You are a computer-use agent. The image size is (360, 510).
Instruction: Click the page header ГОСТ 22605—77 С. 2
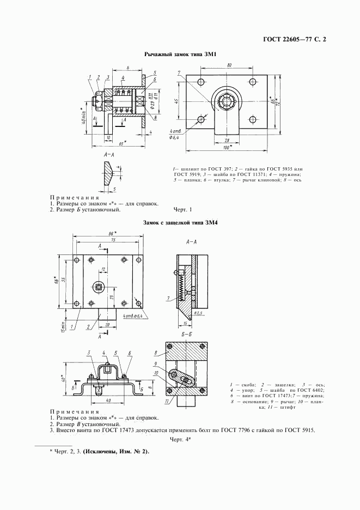pyautogui.click(x=297, y=40)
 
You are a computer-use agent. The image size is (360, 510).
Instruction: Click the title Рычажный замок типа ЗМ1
pyautogui.click(x=180, y=54)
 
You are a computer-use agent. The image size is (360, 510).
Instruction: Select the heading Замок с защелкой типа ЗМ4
pyautogui.click(x=180, y=222)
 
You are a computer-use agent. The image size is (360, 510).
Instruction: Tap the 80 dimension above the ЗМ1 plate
pyautogui.click(x=229, y=65)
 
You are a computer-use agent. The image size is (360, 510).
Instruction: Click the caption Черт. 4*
pyautogui.click(x=179, y=439)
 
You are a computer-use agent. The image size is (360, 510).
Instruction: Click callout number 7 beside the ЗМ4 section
pyautogui.click(x=169, y=298)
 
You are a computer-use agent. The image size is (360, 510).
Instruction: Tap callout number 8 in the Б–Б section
pyautogui.click(x=155, y=353)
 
